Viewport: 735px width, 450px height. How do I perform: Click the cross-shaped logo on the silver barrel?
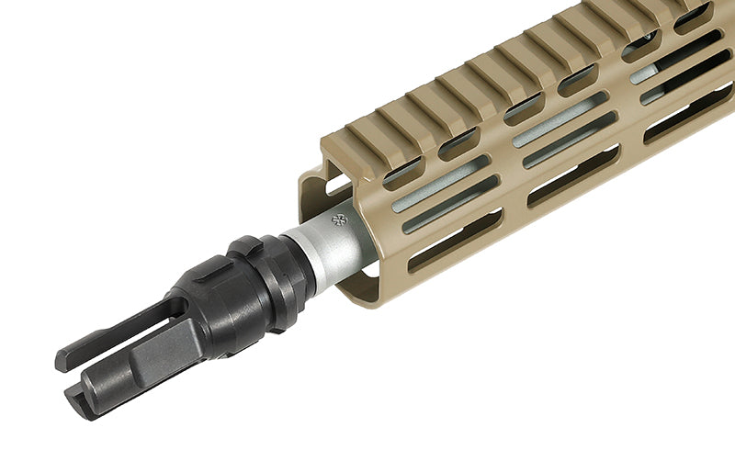click(338, 220)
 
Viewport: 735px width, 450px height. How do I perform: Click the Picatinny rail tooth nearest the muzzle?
click(362, 134)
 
